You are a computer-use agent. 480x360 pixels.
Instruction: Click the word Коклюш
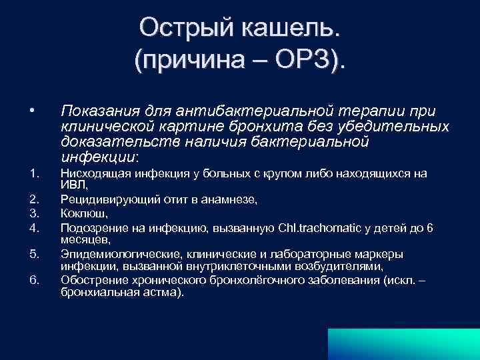(81, 213)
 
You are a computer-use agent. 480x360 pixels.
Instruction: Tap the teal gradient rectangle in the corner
(404, 343)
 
